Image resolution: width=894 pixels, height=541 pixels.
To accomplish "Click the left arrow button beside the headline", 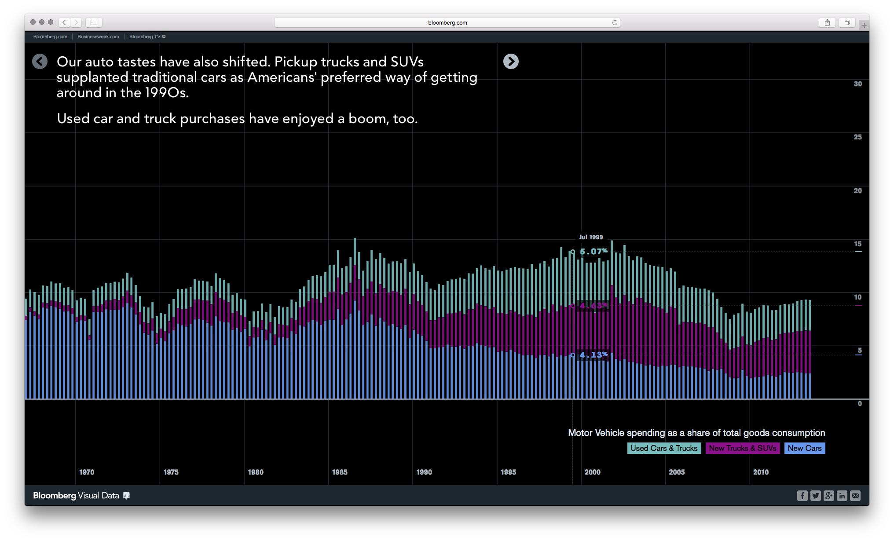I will point(40,62).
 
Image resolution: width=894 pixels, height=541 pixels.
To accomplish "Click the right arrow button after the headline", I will point(511,62).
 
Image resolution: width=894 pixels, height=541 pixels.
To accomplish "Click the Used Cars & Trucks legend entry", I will point(664,448).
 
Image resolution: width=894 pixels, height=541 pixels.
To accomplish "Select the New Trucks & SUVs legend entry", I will point(742,448).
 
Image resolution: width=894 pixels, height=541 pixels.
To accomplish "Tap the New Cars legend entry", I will point(804,448).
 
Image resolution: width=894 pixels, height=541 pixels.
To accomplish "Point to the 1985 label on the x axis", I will point(340,472).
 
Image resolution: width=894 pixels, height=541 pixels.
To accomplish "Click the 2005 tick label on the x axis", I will point(677,472).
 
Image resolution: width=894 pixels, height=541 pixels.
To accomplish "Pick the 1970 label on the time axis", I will point(87,472).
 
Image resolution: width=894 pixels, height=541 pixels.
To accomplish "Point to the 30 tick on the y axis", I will point(857,84).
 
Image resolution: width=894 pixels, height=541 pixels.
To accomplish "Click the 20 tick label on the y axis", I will point(857,190).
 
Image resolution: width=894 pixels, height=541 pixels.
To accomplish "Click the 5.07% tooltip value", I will point(594,252).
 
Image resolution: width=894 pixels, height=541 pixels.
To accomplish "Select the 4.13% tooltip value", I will point(594,355).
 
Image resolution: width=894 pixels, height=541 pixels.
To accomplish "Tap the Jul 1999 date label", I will point(591,237).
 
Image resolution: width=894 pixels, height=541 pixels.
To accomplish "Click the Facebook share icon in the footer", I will point(802,496).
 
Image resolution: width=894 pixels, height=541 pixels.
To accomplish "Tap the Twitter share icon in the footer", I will point(815,496).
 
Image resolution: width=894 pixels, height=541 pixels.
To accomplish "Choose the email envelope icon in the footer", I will point(855,496).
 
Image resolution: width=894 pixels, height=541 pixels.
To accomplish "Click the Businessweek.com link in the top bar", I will point(98,37).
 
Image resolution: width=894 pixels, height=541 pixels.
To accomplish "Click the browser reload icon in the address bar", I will point(615,22).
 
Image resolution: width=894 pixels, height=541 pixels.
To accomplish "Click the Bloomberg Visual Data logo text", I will point(76,496).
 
